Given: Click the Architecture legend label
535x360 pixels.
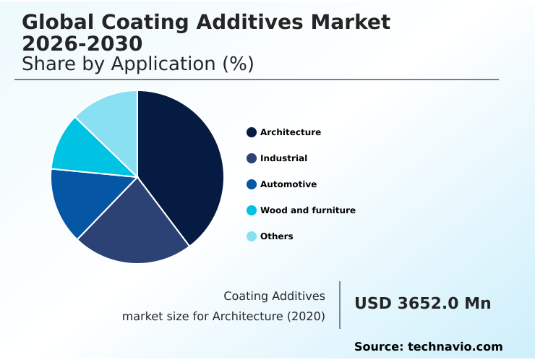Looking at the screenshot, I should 290,132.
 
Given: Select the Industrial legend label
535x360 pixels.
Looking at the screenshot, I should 283,158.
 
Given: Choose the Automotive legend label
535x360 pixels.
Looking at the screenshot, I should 288,184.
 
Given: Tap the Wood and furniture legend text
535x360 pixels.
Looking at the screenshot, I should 307,210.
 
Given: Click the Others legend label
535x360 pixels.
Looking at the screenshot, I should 276,236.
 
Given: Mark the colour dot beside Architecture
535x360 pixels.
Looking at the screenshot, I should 252,132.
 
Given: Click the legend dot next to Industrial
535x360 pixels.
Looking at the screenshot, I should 252,158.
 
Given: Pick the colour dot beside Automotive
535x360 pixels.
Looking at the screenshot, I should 252,184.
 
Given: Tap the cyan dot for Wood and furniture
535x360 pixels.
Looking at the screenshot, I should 252,210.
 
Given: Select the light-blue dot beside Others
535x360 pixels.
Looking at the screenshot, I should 252,236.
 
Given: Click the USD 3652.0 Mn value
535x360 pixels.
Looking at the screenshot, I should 422,304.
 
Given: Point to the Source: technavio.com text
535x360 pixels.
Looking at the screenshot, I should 428,347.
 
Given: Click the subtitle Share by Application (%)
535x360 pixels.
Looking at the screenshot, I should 137,64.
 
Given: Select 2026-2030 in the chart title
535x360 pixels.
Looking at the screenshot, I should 82,43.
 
